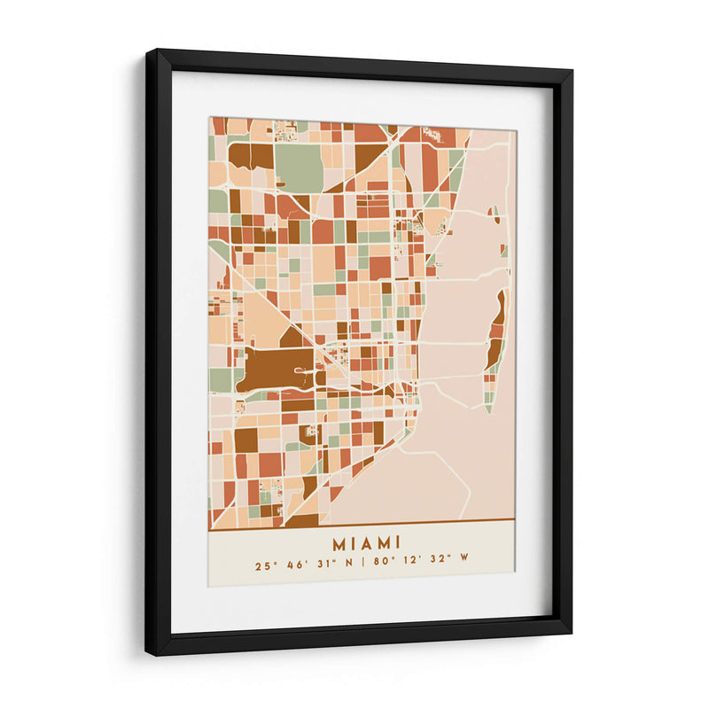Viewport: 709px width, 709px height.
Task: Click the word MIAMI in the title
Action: click(366, 541)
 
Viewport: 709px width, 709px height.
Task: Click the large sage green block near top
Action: click(299, 167)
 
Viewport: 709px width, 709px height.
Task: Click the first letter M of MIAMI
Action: click(339, 541)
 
